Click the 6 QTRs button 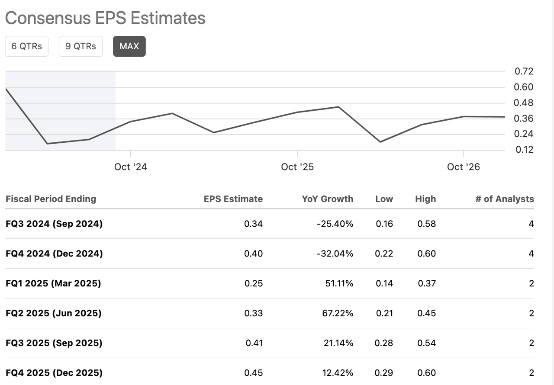click(x=26, y=46)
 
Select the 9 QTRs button click(x=81, y=46)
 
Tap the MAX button click(x=129, y=46)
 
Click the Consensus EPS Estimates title click(x=105, y=18)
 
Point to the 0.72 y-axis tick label click(x=524, y=71)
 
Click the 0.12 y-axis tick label click(x=524, y=150)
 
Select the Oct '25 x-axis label click(x=297, y=167)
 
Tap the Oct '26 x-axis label click(x=464, y=167)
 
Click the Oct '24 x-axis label click(x=131, y=167)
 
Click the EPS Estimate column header click(x=233, y=199)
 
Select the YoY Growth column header click(x=328, y=199)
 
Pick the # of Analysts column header click(x=504, y=199)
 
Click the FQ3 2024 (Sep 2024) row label click(x=54, y=224)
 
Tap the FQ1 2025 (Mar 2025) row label click(x=53, y=283)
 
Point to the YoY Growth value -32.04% click(x=335, y=253)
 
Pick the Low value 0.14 click(x=384, y=283)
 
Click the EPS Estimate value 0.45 click(x=254, y=373)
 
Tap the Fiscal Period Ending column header click(x=51, y=199)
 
